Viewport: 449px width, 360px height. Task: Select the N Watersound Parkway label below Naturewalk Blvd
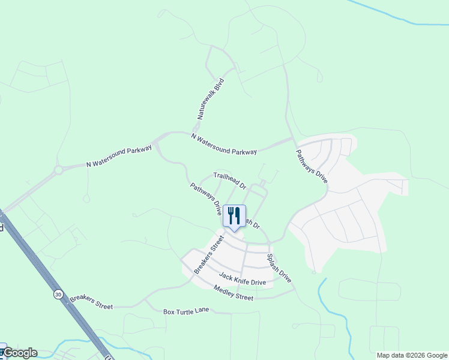click(224, 145)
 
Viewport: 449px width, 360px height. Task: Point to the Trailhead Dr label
click(229, 181)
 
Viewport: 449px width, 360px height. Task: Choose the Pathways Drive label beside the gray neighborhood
click(312, 166)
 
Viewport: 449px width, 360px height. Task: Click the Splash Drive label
click(279, 269)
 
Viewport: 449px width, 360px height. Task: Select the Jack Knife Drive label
click(242, 278)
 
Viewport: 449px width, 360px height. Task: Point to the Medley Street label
click(234, 293)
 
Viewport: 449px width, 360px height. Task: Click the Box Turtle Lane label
click(187, 312)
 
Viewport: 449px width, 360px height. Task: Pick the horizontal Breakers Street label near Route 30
click(91, 302)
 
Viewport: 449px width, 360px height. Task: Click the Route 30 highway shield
click(58, 294)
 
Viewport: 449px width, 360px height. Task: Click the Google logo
click(20, 353)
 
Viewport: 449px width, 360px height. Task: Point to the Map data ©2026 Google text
click(411, 355)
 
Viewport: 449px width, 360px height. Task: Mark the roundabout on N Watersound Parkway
click(58, 170)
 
